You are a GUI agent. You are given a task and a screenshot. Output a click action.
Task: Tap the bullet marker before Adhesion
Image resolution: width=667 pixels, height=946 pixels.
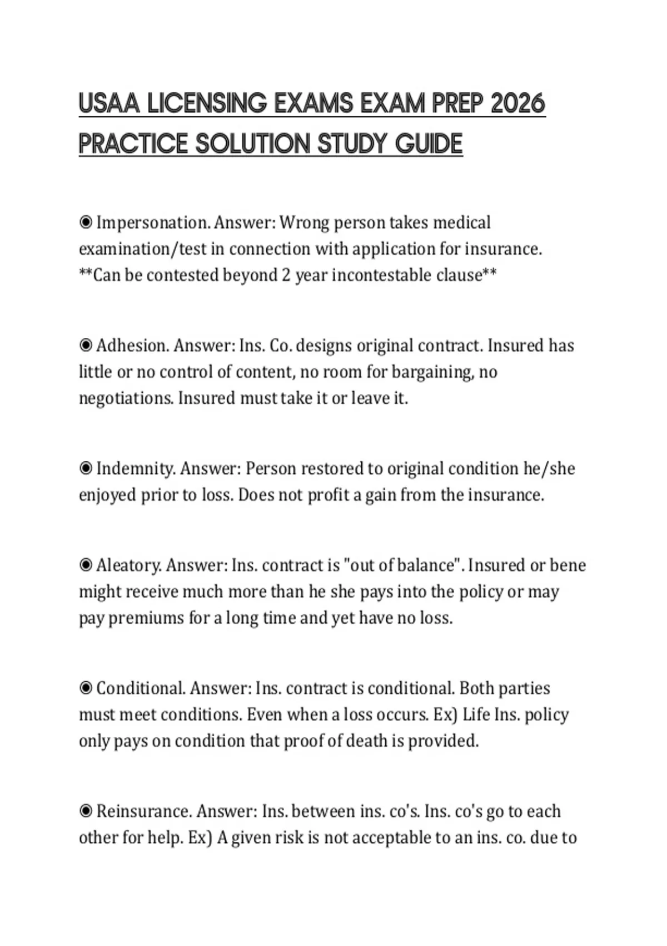point(86,346)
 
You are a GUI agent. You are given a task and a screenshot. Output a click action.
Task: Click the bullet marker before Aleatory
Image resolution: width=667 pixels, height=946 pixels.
point(86,565)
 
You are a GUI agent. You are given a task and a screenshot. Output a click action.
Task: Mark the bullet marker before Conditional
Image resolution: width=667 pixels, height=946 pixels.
point(86,688)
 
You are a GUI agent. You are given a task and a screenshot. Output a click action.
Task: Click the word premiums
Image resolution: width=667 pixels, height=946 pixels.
point(146,618)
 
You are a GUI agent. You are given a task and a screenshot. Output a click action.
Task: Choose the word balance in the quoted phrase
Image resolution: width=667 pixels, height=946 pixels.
point(426,565)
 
